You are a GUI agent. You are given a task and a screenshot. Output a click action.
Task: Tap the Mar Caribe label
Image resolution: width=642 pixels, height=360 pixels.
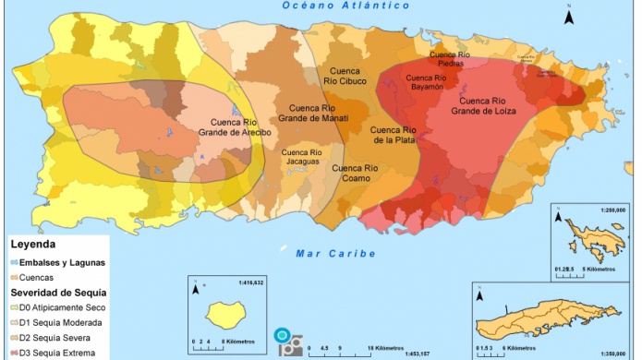click(x=335, y=253)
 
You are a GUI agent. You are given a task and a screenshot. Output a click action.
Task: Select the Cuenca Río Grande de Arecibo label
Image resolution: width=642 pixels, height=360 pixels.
click(x=235, y=127)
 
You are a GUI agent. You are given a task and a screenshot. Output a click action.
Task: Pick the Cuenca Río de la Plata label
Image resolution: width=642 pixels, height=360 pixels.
click(x=393, y=136)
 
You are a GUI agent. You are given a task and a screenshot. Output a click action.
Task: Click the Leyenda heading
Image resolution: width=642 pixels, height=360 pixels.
click(x=33, y=245)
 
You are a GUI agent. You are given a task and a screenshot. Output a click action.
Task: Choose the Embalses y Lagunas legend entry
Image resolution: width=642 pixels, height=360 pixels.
click(x=57, y=262)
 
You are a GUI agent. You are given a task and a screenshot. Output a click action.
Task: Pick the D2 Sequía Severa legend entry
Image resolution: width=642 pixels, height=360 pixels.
click(x=54, y=338)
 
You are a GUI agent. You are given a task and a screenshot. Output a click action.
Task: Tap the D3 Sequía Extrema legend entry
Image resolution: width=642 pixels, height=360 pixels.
click(x=55, y=353)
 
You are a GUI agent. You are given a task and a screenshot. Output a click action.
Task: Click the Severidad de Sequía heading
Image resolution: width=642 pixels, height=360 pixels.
click(x=55, y=293)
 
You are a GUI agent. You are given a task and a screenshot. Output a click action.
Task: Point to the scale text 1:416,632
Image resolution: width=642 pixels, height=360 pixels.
click(x=250, y=282)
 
